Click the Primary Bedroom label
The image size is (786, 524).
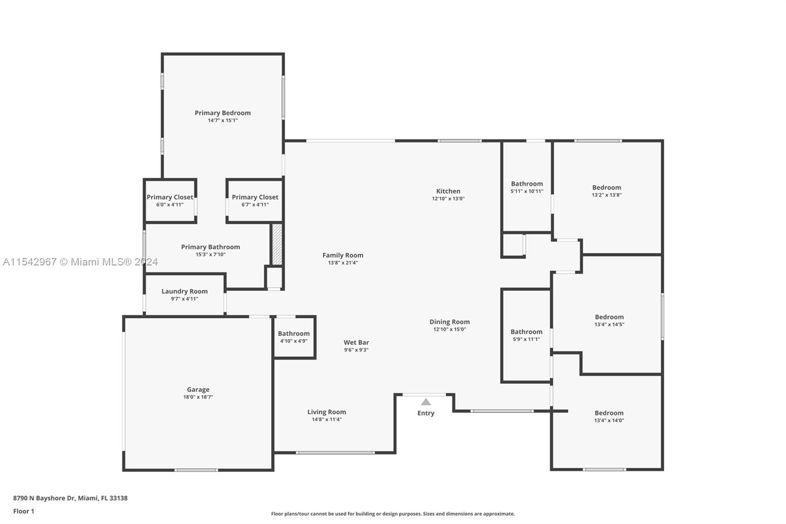[x=223, y=113]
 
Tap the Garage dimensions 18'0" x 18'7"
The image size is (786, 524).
[x=198, y=397]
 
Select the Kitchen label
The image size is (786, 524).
[x=448, y=191]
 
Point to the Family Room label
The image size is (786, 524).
[x=343, y=255]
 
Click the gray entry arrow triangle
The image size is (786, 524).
[x=425, y=402]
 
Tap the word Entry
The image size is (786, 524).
[x=425, y=413]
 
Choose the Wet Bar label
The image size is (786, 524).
[x=356, y=343]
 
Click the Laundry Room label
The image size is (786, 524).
[x=185, y=291]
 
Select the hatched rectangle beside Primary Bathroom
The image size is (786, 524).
[x=277, y=244]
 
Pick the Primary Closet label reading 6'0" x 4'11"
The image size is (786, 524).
[x=170, y=198]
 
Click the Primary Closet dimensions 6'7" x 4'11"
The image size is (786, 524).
[x=255, y=205]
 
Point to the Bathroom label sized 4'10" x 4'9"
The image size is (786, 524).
[x=294, y=334]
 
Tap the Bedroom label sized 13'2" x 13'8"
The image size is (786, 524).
[x=607, y=188]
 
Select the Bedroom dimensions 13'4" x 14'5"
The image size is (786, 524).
[x=609, y=324]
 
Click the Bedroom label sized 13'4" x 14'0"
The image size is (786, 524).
[x=609, y=413]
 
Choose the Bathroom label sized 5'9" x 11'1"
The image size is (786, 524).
[x=526, y=332]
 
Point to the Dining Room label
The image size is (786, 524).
[x=449, y=321]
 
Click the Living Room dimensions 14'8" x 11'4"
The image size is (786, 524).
[x=327, y=419]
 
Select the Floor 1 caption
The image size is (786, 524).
[x=24, y=511]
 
